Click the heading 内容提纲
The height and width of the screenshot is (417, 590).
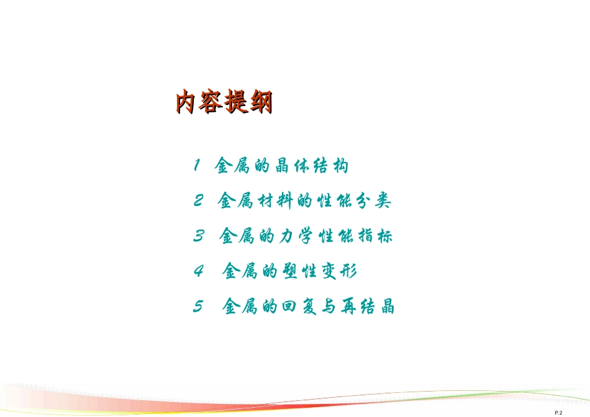point(224,102)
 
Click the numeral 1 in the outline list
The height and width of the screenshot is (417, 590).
point(196,166)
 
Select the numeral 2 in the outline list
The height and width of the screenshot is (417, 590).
point(198,201)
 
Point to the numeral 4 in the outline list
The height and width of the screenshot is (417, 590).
point(199,272)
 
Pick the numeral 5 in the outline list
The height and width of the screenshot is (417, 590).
point(199,307)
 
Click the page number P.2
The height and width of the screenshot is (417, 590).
point(558,413)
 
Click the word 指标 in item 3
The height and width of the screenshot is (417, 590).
point(376,237)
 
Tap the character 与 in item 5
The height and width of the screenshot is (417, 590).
point(327,308)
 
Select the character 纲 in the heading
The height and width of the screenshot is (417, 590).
point(260,102)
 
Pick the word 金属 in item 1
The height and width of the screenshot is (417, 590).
point(231,166)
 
